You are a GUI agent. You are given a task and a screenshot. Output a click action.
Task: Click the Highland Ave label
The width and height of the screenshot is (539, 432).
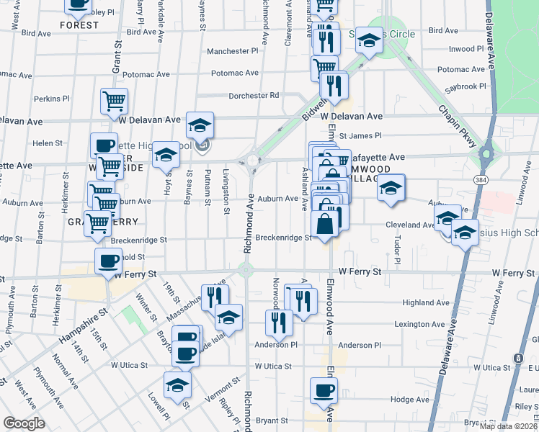click(426, 303)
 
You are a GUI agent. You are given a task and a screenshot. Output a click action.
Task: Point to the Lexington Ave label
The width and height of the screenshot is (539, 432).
click(419, 324)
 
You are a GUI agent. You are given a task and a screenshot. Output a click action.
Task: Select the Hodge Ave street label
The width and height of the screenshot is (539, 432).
click(409, 399)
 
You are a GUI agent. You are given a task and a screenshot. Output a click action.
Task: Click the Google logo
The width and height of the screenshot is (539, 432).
click(24, 423)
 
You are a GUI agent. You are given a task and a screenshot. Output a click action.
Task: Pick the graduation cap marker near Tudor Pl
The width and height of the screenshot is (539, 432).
click(391, 188)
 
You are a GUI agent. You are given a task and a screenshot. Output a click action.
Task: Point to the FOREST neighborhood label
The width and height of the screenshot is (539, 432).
click(79, 25)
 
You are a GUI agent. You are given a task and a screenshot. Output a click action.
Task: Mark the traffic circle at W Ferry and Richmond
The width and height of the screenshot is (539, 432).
click(246, 271)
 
